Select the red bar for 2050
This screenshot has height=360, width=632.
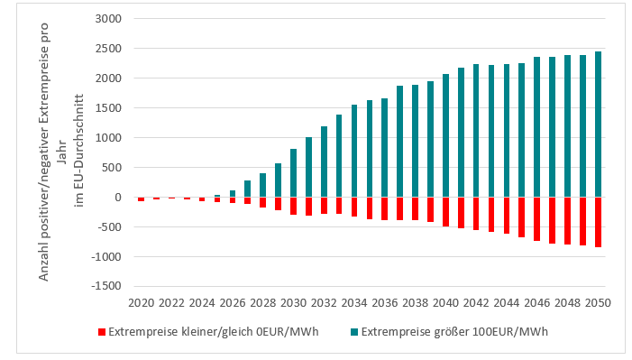tap(598, 222)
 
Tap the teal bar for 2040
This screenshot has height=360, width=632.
tap(445, 135)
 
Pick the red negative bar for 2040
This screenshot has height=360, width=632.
tap(445, 211)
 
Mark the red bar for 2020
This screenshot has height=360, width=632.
tap(141, 198)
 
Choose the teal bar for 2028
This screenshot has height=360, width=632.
tap(262, 185)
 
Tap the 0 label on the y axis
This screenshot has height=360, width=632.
tap(117, 197)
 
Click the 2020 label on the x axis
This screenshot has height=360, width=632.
tap(141, 302)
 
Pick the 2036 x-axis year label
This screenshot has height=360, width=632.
tap(385, 302)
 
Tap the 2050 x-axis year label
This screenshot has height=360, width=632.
tap(598, 302)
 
